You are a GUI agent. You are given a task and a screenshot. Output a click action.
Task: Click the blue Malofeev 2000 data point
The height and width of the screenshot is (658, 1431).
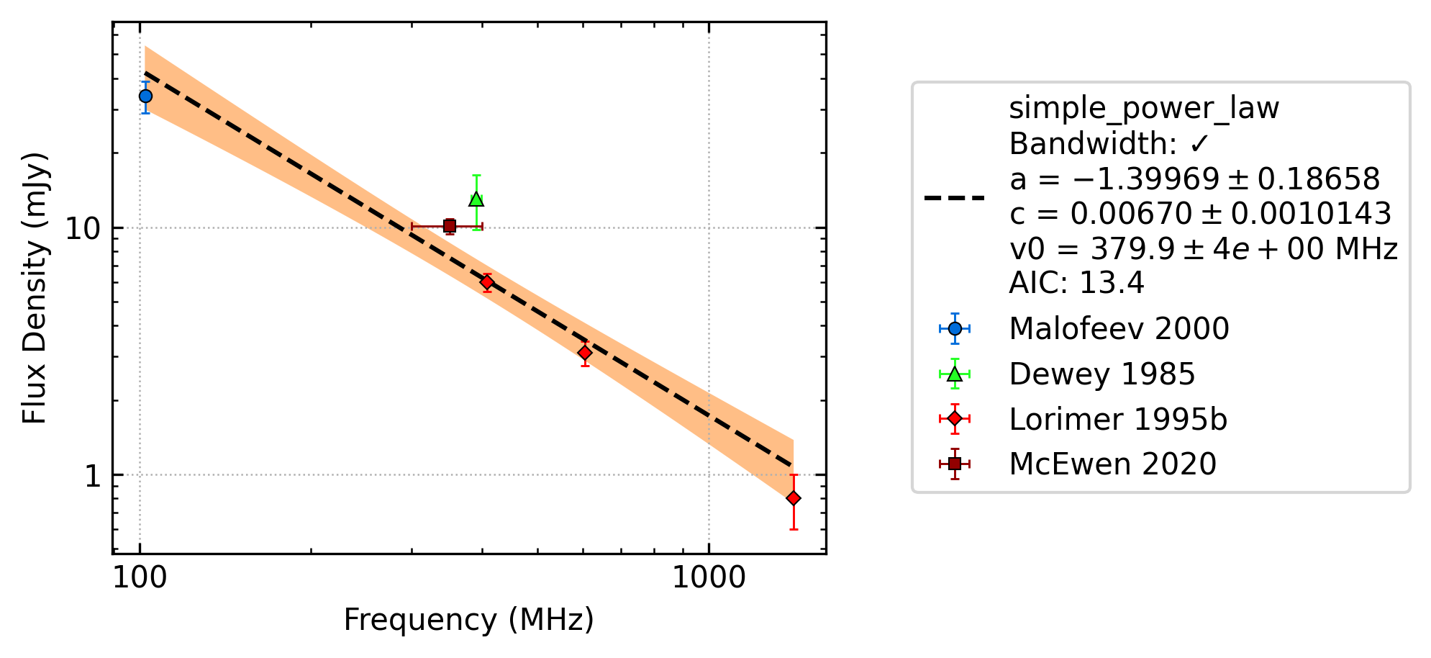coord(145,96)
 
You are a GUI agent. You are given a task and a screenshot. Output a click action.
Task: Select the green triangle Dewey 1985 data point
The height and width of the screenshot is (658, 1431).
coord(476,199)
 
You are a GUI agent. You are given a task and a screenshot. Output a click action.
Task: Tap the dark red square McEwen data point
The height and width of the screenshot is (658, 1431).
coord(450,226)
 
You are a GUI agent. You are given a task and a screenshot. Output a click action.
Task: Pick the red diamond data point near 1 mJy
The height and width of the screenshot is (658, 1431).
coord(794,498)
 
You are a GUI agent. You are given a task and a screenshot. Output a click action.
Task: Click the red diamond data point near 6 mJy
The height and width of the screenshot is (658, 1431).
coord(487,282)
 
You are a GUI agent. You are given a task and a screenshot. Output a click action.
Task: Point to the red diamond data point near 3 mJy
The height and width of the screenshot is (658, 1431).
coord(585,353)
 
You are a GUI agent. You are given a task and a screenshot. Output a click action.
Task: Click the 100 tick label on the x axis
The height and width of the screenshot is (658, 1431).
coord(140,578)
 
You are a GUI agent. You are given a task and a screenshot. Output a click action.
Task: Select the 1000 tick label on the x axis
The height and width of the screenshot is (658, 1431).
coord(709,578)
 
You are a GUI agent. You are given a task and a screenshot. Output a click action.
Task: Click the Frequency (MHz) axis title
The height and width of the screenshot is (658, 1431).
coord(469,620)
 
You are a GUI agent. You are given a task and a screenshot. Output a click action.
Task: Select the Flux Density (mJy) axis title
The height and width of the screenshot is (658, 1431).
coord(35,288)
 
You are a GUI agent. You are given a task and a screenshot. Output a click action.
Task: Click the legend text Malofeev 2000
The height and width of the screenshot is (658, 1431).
coord(1119,329)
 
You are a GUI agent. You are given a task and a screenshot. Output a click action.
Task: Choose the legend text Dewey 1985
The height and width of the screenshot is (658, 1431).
coord(1102,374)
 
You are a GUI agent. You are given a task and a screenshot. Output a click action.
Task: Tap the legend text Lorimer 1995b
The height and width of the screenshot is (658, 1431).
coord(1118,420)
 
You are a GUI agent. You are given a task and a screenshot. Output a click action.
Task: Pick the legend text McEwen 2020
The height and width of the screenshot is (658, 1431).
coord(1113,464)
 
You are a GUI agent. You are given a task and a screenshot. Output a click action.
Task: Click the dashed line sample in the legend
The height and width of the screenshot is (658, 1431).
coord(955,197)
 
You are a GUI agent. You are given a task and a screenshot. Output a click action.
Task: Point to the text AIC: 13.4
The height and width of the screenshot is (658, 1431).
coord(1076,283)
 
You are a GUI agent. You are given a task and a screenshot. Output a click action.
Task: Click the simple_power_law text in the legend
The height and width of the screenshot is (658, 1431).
coord(1144,109)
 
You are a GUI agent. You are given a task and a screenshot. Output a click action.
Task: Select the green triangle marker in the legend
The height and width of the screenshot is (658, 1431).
coord(955,374)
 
